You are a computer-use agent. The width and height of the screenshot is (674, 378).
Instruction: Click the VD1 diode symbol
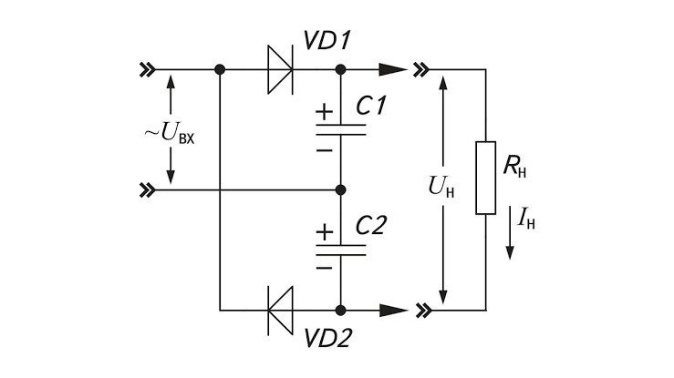coord(280,69)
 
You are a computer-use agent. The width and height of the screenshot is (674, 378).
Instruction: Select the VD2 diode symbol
coord(280,310)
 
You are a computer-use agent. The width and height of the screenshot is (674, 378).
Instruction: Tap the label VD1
coord(327,41)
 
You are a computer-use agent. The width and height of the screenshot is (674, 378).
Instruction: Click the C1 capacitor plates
coord(341,129)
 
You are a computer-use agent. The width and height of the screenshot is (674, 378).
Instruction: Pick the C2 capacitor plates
coord(341,250)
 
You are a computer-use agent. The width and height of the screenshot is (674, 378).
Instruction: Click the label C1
coord(371,106)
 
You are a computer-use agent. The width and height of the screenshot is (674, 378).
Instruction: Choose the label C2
coord(371,225)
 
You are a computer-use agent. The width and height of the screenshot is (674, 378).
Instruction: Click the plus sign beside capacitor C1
coord(325,112)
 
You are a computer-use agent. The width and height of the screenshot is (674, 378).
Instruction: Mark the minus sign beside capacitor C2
coord(325,268)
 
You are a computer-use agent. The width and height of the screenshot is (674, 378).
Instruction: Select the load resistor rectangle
coord(486,178)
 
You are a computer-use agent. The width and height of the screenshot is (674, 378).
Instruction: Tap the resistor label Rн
coord(514,168)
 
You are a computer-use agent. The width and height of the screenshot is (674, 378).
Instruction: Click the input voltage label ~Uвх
coord(170,133)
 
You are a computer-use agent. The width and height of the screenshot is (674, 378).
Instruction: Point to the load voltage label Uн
coord(441,188)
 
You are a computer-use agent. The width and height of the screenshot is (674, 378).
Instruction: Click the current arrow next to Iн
coord(510,232)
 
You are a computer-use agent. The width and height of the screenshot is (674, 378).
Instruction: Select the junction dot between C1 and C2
coord(340,189)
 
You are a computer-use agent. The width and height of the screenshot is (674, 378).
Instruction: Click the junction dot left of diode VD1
coord(220,69)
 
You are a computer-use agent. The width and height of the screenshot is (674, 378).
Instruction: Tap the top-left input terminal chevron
coord(148,69)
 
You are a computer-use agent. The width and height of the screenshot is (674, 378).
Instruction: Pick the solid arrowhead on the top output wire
coord(393,69)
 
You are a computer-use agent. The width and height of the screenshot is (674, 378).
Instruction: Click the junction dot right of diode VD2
coord(340,310)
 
